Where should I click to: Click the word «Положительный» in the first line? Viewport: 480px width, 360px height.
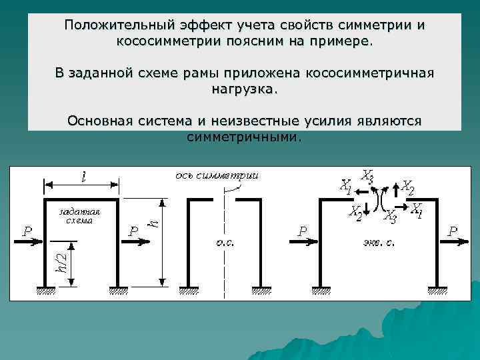(x=115, y=25)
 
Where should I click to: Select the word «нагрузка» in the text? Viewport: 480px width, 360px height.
(x=243, y=89)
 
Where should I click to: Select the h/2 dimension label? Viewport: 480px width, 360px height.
(x=60, y=265)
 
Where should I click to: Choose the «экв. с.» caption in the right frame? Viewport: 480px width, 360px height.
(x=377, y=241)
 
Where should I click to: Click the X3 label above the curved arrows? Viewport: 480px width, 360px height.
(x=367, y=176)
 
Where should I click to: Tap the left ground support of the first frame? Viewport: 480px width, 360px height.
(x=46, y=289)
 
